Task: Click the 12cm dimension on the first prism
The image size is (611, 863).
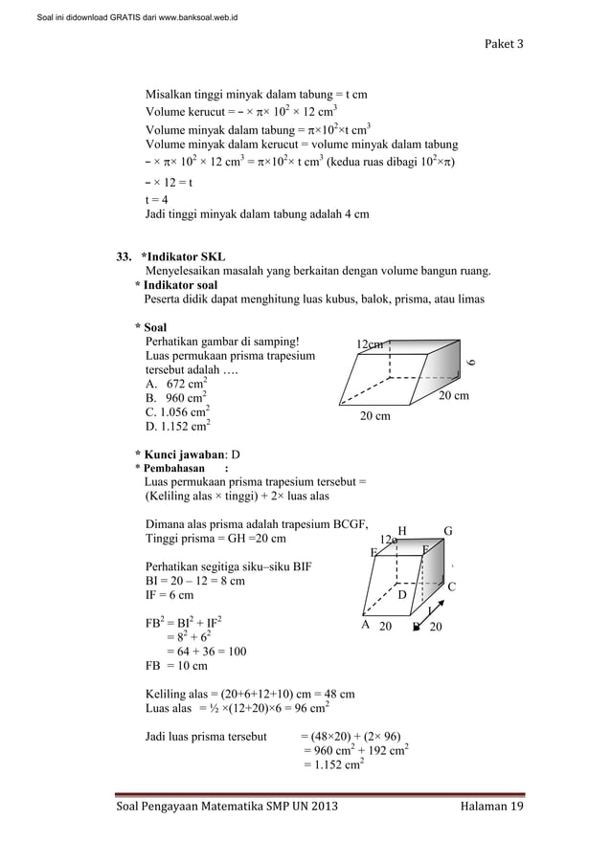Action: coord(370,344)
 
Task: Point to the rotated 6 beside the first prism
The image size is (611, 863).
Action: coord(470,361)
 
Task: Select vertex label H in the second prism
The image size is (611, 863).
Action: coord(402,531)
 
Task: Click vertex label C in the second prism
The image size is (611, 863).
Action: coord(452,586)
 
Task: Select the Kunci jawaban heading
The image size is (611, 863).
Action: coord(188,454)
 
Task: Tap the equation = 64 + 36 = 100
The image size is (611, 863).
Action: coord(206,652)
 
